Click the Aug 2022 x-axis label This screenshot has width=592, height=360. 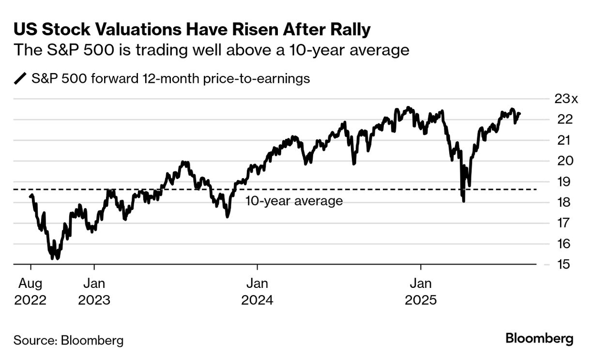(30, 291)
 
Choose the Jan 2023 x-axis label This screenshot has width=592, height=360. (94, 291)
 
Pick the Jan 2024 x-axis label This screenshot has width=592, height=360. (257, 291)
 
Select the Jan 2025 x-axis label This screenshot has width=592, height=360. (421, 291)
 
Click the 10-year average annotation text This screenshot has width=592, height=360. (294, 201)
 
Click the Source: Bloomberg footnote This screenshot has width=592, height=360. (68, 340)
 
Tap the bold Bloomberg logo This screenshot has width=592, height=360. (539, 339)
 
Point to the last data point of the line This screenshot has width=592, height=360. (520, 114)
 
